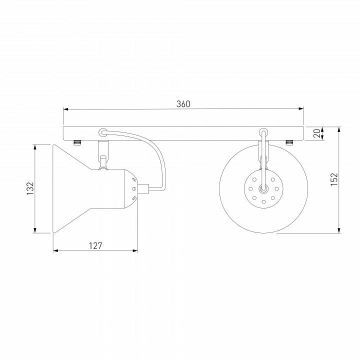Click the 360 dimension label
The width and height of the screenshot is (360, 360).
[x=183, y=104]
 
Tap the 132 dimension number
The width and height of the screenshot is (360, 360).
[x=30, y=188]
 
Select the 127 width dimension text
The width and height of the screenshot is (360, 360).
[x=95, y=246]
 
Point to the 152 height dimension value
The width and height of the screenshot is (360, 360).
[x=334, y=179]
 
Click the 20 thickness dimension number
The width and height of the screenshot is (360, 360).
[x=317, y=133]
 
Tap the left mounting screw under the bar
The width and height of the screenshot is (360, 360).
[x=77, y=143]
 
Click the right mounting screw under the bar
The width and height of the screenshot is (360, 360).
[x=289, y=143]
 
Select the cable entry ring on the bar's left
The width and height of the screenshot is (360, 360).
[x=103, y=132]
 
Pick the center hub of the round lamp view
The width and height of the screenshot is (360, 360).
[x=263, y=188]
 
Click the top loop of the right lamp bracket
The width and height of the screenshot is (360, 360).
[x=263, y=132]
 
